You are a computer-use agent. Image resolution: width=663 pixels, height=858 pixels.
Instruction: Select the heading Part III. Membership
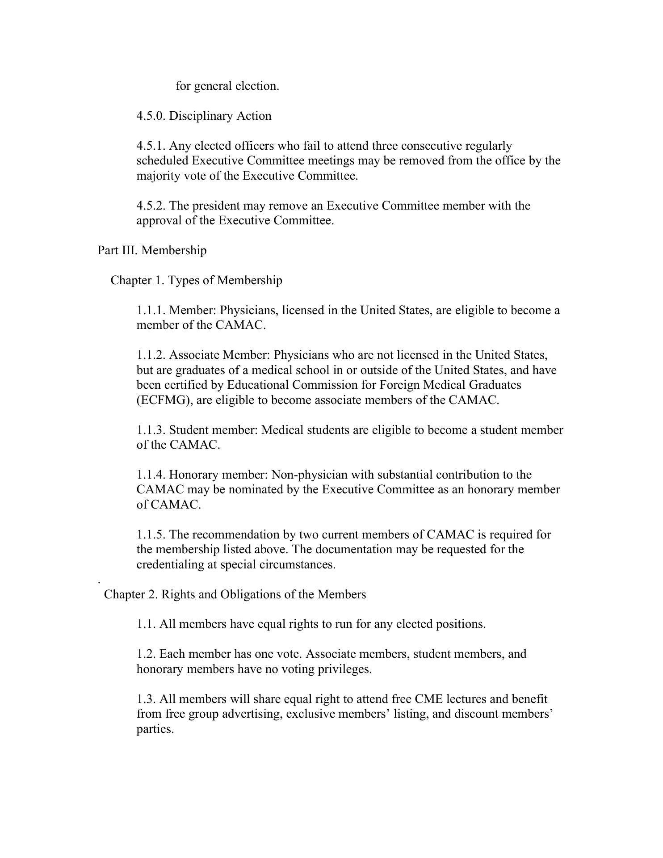click(x=152, y=250)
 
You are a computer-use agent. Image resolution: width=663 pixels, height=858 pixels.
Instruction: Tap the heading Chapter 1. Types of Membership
click(x=196, y=280)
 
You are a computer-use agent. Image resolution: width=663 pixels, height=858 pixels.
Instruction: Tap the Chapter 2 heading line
click(x=235, y=594)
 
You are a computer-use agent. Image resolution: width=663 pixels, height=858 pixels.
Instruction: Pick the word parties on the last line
click(x=155, y=729)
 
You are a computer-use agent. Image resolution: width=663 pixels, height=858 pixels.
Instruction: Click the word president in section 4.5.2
click(x=216, y=206)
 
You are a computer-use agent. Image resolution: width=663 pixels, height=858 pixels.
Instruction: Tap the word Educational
click(x=258, y=385)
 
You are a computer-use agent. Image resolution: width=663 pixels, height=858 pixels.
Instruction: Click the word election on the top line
click(x=257, y=86)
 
